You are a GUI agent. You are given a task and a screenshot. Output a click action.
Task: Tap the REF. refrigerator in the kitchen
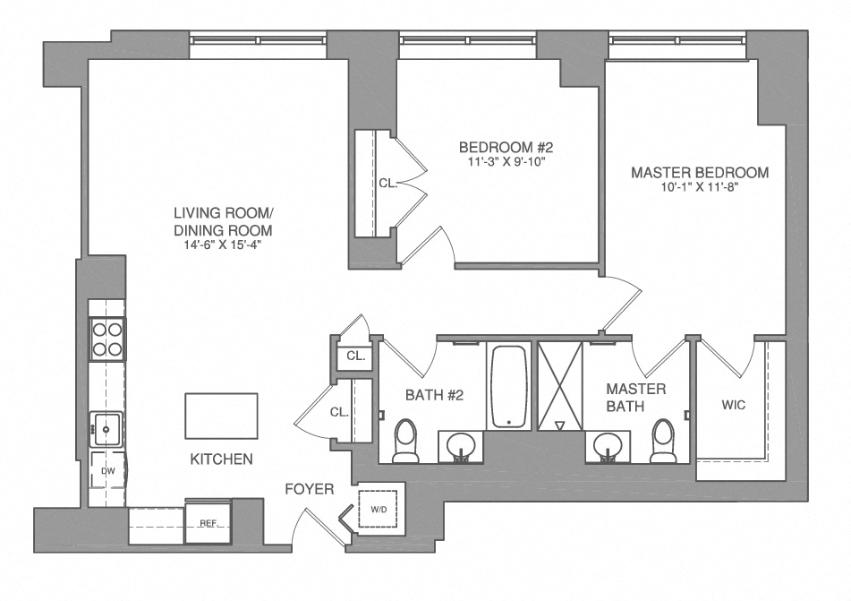pos(208,522)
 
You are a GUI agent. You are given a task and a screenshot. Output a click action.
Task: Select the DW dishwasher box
pos(107,470)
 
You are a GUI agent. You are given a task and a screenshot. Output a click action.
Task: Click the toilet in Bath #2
pos(406,441)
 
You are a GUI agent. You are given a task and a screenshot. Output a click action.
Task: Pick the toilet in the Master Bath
pos(663,441)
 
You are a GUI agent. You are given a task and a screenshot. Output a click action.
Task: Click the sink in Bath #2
pos(462,444)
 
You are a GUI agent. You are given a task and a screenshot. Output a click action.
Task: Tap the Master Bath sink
pos(608,444)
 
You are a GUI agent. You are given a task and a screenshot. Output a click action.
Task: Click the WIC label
pos(733,405)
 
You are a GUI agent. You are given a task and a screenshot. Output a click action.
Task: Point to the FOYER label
pos(310,489)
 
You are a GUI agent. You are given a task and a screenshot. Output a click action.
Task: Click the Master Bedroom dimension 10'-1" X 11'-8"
pos(699,188)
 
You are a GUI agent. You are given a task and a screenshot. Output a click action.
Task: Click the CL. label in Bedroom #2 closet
pos(387,183)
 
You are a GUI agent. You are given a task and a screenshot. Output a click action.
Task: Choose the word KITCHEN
pos(221,459)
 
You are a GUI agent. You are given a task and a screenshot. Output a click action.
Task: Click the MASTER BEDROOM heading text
pos(699,172)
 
